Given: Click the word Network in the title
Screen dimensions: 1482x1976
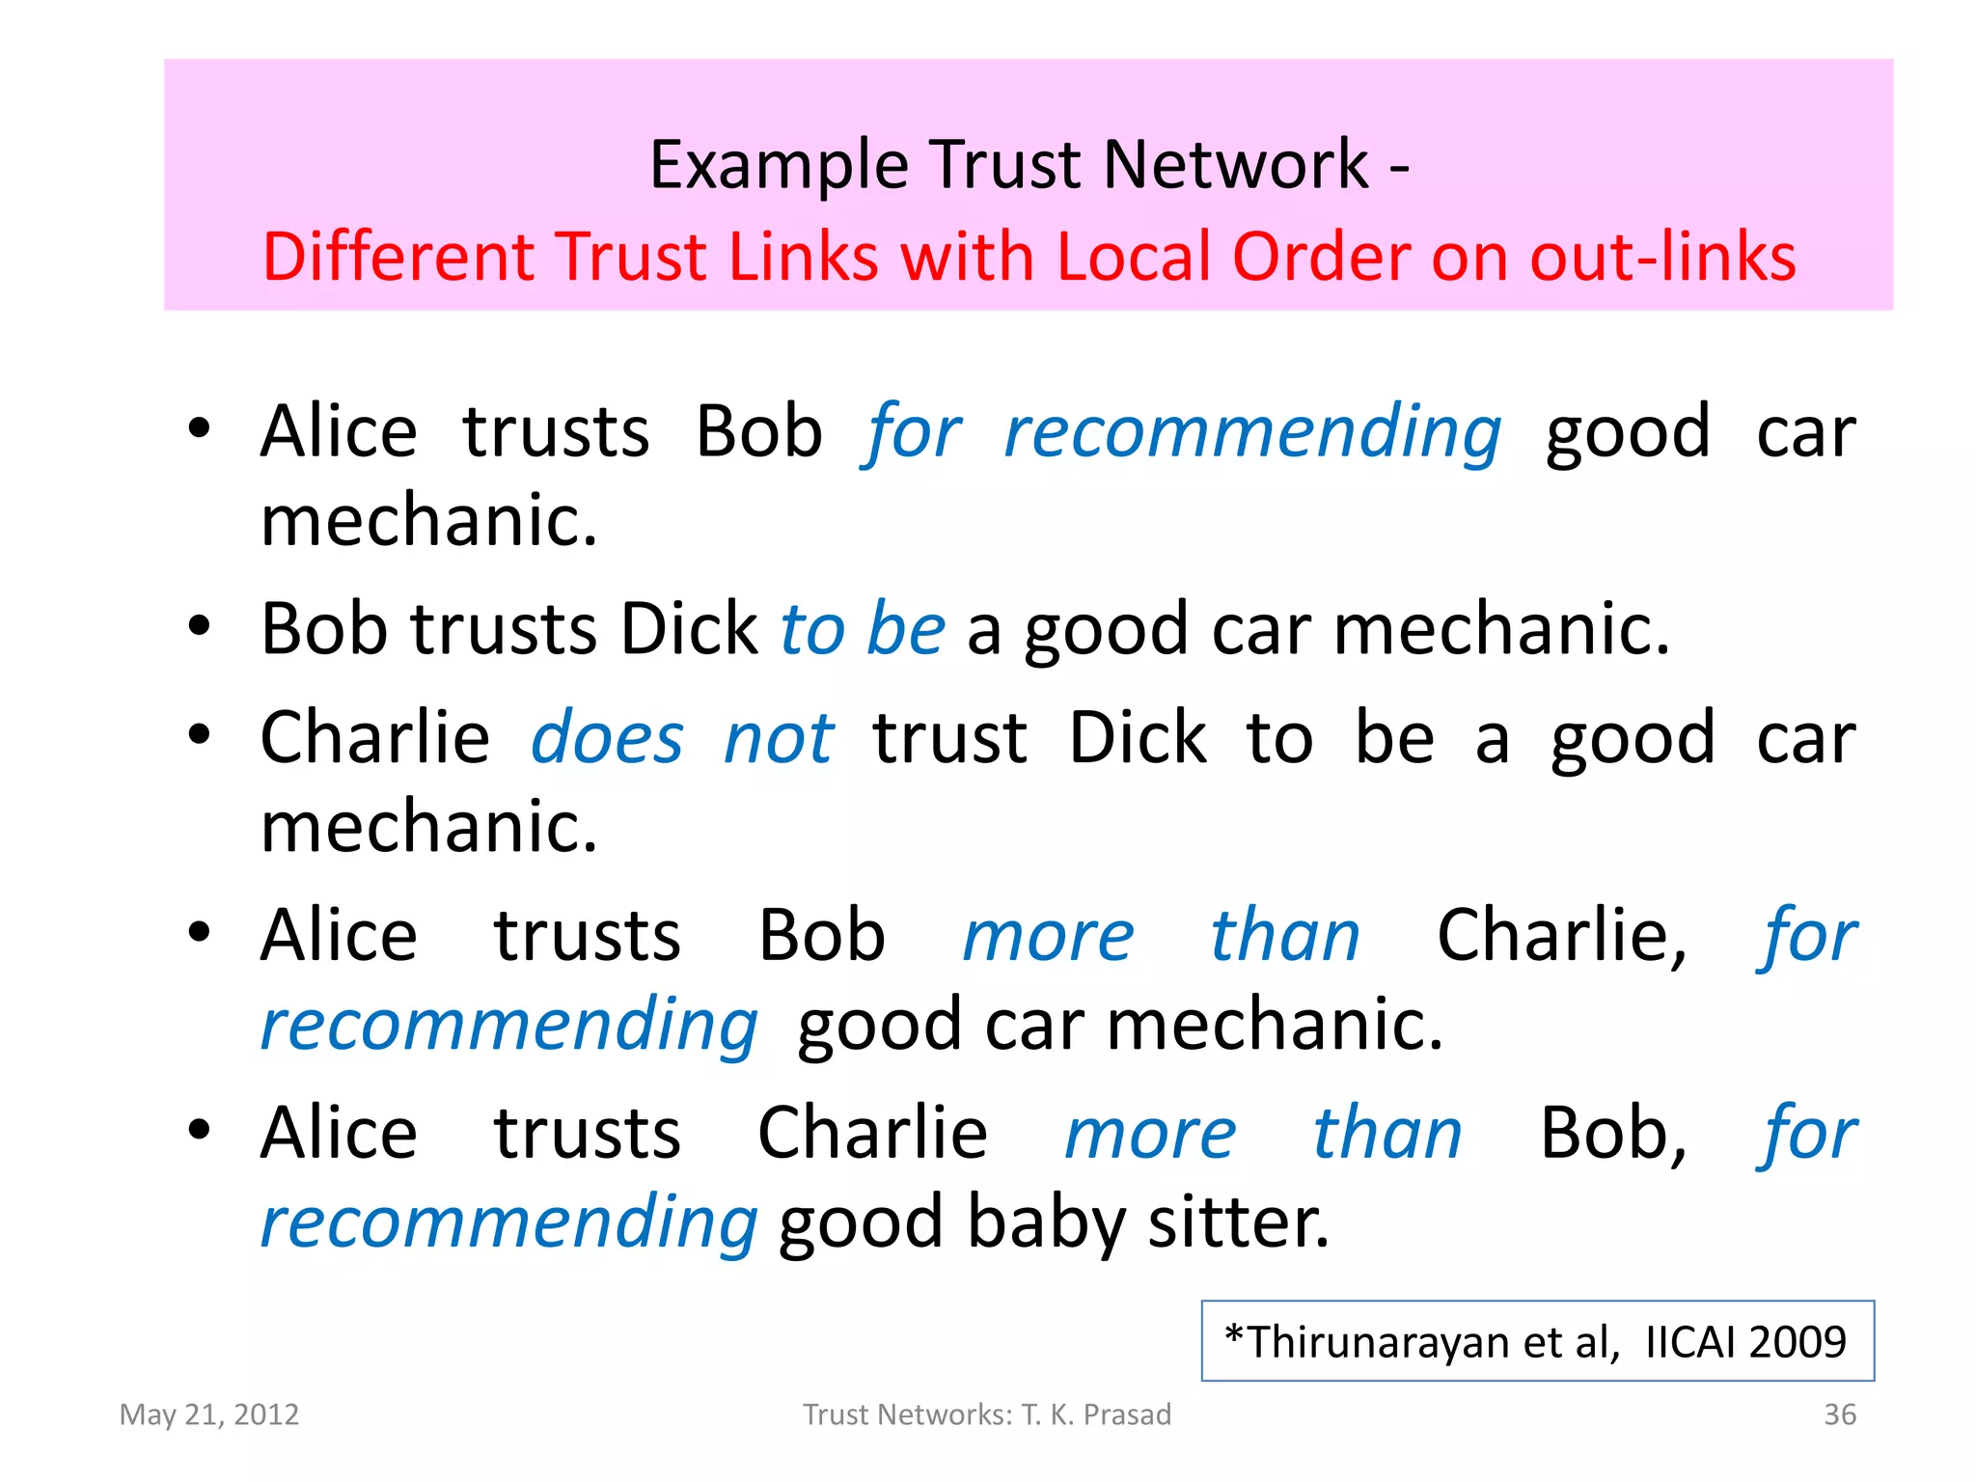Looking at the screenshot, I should tap(1235, 164).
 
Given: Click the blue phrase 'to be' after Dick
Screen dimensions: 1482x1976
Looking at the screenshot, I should tap(862, 629).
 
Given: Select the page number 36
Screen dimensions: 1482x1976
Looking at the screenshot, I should tap(1839, 1414).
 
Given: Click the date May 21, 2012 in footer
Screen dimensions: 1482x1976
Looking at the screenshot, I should tap(209, 1414).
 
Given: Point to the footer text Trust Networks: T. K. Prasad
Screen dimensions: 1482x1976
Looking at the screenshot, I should tap(987, 1414).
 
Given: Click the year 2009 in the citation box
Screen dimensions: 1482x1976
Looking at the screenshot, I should tap(1797, 1342).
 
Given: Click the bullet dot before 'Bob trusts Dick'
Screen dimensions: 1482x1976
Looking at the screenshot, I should tap(199, 627).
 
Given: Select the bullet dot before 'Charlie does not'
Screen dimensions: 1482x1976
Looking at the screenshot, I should tap(199, 735).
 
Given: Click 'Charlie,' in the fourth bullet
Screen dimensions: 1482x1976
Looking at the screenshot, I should tap(1562, 936).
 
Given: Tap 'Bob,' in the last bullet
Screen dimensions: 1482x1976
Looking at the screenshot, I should tap(1612, 1133).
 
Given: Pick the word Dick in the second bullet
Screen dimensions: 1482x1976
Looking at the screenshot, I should tap(688, 629).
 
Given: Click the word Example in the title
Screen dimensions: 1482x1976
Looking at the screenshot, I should tap(779, 164).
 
